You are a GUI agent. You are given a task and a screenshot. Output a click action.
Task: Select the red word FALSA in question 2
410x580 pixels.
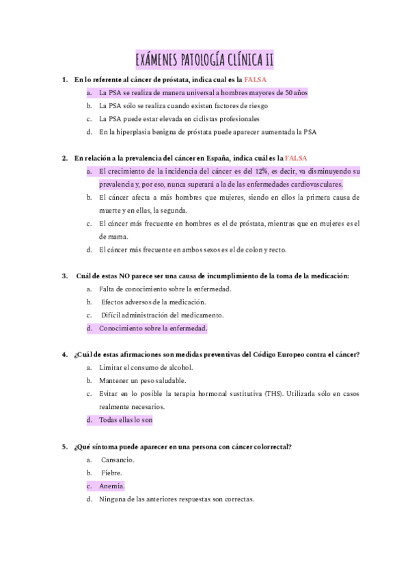click(297, 158)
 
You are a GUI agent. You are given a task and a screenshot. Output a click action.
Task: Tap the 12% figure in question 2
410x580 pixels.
click(261, 171)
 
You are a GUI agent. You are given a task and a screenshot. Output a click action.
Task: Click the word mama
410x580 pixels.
click(113, 236)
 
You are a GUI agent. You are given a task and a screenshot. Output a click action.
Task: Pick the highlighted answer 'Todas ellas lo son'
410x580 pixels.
click(126, 420)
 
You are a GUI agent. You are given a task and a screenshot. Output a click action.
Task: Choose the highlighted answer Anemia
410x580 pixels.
click(111, 486)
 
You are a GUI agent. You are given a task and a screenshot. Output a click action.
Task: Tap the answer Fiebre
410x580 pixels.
click(112, 473)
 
